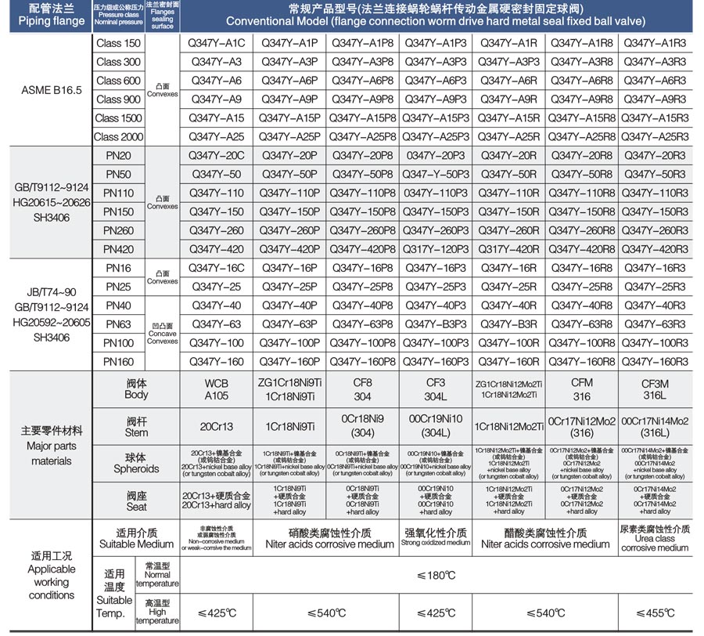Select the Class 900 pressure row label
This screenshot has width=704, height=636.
coord(119,99)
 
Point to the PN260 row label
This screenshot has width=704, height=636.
coord(119,230)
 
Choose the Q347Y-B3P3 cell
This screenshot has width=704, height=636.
coord(436,324)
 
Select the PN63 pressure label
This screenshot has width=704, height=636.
coord(119,324)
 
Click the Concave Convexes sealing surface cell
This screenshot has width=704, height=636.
coord(163,334)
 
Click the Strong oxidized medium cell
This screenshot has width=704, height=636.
coord(436,537)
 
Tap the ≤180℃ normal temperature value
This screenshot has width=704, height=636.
coord(436,576)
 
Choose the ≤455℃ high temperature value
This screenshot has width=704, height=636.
coord(655,613)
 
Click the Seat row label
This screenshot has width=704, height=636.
coord(136,501)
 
